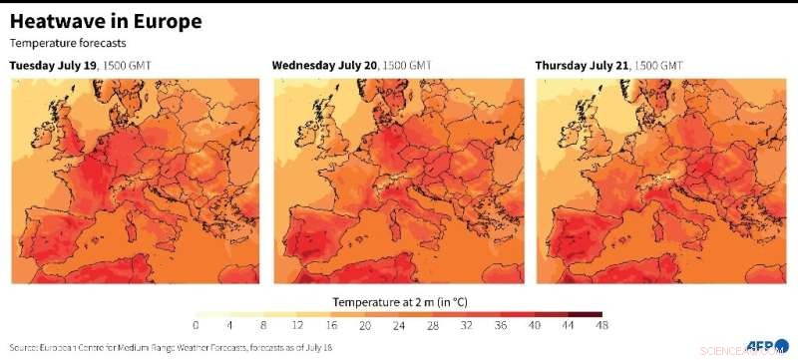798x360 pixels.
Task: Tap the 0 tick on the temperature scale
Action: (x=196, y=326)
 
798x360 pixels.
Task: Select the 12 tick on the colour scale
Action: (x=297, y=326)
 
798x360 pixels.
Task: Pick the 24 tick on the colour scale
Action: (x=399, y=326)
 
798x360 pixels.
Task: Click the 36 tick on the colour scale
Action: (x=501, y=326)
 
